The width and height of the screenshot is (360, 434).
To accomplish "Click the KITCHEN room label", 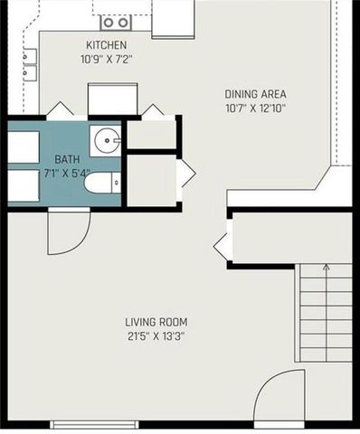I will point(106,45).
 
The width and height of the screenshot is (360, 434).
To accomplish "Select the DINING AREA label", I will point(256,92).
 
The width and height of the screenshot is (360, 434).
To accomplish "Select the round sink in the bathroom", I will point(107,141).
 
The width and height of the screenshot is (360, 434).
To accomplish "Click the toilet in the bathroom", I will point(101,184).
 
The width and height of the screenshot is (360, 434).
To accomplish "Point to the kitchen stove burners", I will point(116,22).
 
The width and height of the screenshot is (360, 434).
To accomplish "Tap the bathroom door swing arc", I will point(68,231).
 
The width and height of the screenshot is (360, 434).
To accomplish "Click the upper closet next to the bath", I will point(151,135).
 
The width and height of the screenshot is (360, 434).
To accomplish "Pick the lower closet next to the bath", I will point(150,180).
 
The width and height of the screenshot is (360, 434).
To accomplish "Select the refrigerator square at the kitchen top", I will point(173,18).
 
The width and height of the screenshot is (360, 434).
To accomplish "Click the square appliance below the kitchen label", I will point(112,98).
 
